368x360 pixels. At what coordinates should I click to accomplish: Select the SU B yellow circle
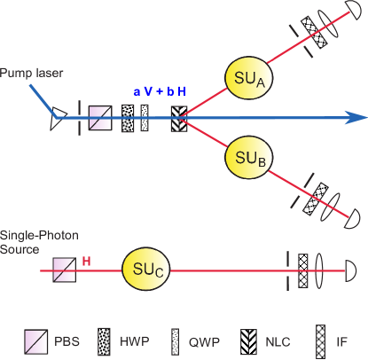pyautogui.click(x=247, y=157)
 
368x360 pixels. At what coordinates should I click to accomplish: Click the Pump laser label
pyautogui.click(x=29, y=72)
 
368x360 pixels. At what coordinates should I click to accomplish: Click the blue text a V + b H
pyautogui.click(x=160, y=92)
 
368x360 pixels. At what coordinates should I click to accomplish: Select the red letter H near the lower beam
pyautogui.click(x=86, y=261)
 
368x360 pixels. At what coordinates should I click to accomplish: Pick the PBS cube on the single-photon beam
pyautogui.click(x=63, y=268)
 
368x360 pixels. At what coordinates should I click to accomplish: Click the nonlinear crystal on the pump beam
pyautogui.click(x=178, y=116)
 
